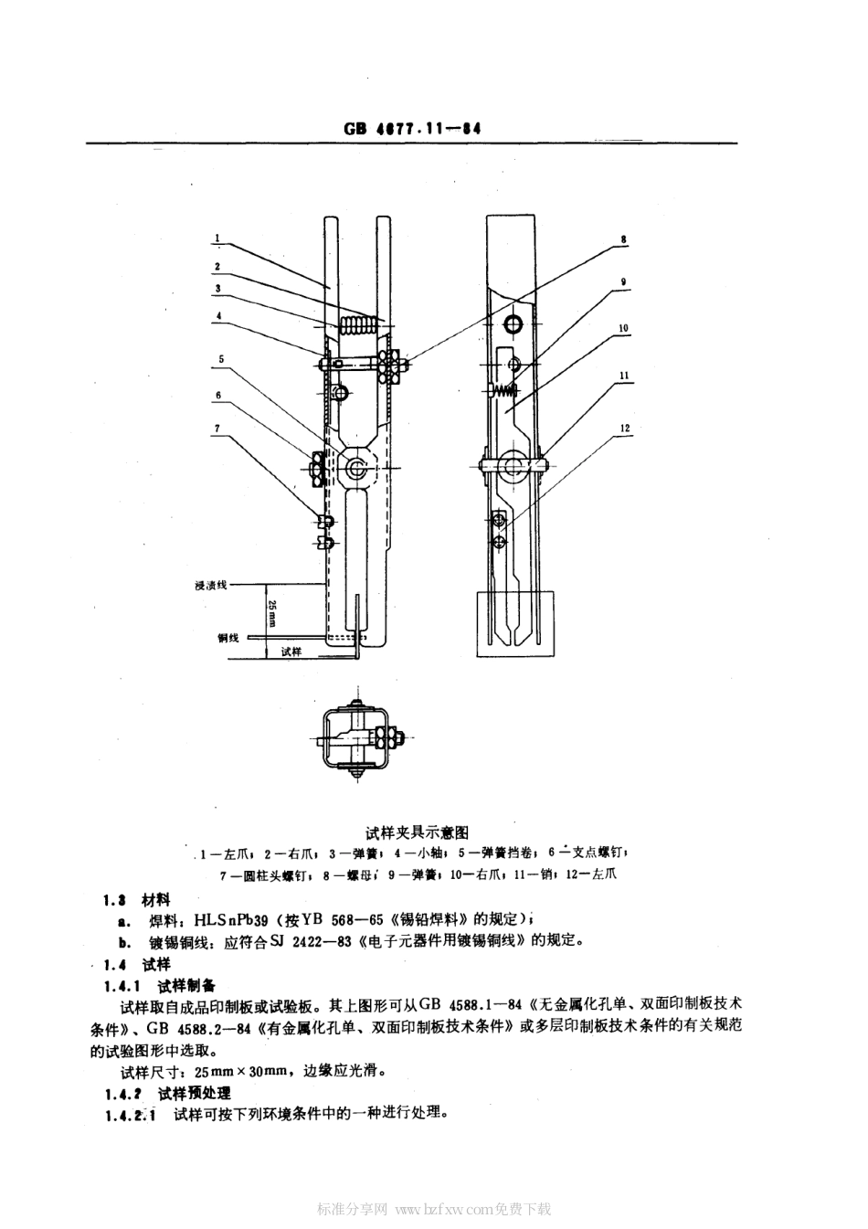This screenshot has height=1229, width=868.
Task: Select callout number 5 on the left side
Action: point(219,359)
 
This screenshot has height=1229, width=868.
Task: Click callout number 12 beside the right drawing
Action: point(623,428)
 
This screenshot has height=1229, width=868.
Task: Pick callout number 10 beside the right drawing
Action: point(623,327)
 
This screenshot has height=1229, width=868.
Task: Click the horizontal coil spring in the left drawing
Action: point(358,324)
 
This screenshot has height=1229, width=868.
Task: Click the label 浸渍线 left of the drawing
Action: point(210,586)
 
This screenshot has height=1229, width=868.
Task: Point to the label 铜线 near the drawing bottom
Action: point(228,638)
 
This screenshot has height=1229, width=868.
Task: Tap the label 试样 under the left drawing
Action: point(291,652)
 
